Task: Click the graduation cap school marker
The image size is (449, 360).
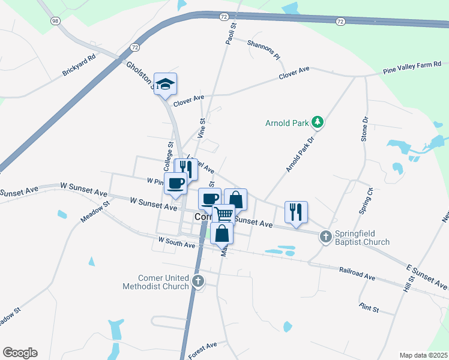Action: pyautogui.click(x=165, y=84)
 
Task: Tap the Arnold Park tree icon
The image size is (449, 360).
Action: pyautogui.click(x=318, y=124)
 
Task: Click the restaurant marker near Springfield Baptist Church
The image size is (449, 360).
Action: pyautogui.click(x=296, y=212)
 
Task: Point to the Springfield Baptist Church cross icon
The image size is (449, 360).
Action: pyautogui.click(x=326, y=236)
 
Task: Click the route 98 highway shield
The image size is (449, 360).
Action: pyautogui.click(x=56, y=21)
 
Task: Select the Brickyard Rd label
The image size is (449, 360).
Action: pyautogui.click(x=79, y=66)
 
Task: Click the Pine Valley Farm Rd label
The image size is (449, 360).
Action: pyautogui.click(x=412, y=67)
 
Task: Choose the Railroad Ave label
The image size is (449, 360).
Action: pyautogui.click(x=357, y=274)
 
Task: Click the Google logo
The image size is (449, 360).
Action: pyautogui.click(x=20, y=353)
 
